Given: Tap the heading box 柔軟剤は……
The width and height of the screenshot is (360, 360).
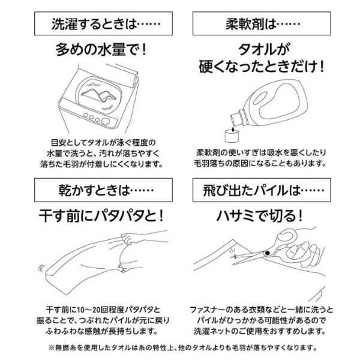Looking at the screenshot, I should [263, 26].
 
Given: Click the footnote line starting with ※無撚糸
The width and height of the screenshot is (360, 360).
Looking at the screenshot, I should [180, 347].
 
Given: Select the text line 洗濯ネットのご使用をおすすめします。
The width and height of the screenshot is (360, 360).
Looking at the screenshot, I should [262, 330].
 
